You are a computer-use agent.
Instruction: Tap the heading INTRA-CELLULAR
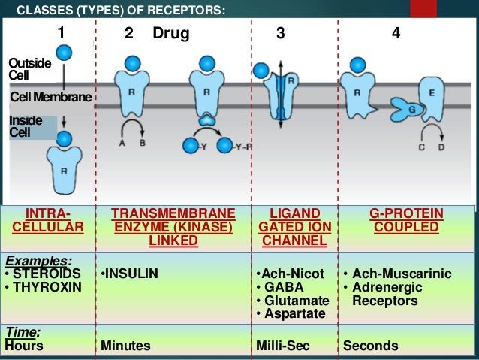[x=50, y=221]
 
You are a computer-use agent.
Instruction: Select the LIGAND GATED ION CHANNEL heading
[x=293, y=227]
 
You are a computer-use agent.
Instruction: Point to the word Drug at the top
[x=171, y=34]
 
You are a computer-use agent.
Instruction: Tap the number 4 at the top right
[x=395, y=34]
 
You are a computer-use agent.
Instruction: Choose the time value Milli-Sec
[x=284, y=346]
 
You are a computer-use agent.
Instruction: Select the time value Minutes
[x=125, y=346]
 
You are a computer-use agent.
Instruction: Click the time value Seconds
[x=371, y=346]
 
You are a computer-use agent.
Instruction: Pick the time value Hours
[x=24, y=346]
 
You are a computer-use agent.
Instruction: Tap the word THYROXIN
[x=47, y=287]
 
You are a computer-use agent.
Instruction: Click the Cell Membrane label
[x=50, y=98]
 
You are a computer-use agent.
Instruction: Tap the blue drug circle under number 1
[x=65, y=53]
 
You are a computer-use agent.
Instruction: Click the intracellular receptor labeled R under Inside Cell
[x=64, y=169]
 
